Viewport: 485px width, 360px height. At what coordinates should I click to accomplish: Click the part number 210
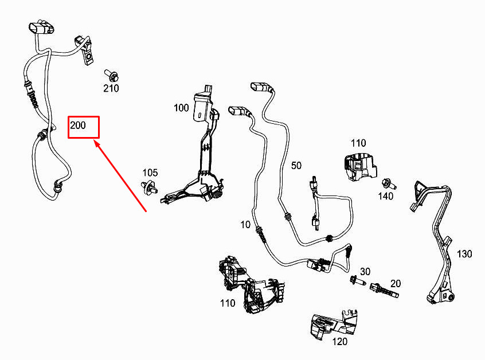(111, 88)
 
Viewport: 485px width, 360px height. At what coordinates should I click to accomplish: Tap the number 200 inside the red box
(78, 124)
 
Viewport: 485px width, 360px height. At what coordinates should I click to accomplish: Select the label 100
(181, 107)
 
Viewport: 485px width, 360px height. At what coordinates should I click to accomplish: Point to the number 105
(150, 173)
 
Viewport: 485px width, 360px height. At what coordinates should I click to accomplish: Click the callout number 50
(296, 166)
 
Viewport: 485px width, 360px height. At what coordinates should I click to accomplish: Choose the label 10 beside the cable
(246, 225)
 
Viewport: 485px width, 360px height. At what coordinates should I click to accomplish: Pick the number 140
(386, 196)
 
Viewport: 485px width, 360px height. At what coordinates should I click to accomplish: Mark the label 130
(464, 253)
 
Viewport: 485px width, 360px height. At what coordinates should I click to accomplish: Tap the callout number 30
(365, 271)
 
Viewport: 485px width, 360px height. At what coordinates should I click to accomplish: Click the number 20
(396, 283)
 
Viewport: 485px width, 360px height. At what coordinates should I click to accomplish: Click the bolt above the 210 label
(111, 75)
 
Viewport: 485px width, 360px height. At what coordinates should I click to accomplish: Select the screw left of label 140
(387, 183)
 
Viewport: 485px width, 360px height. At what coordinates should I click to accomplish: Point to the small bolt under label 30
(355, 281)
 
